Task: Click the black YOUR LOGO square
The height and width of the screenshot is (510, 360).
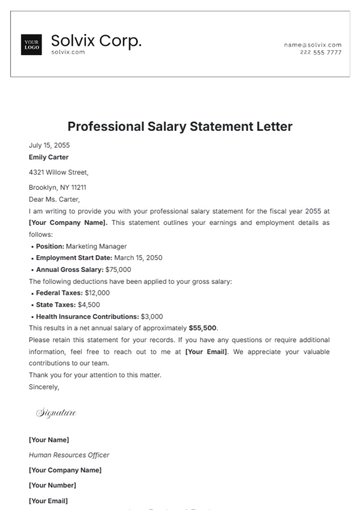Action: pos(31,45)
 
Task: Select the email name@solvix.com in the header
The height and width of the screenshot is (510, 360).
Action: pos(312,45)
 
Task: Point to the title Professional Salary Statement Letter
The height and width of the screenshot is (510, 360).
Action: pos(180,127)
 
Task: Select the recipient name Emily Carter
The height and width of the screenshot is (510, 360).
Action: pos(50,157)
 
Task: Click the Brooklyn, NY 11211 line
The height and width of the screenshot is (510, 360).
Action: pos(58,187)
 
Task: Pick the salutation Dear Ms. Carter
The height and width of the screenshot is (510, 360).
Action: pos(58,199)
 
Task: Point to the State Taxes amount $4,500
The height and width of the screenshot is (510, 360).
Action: pos(86,304)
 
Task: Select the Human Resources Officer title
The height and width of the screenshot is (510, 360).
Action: pos(69,455)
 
